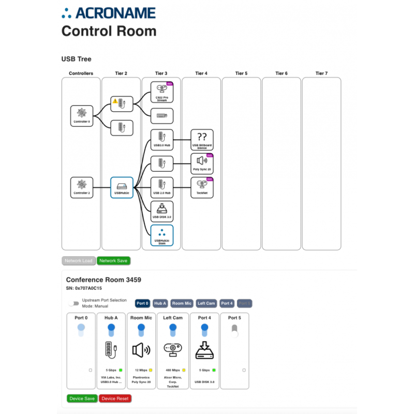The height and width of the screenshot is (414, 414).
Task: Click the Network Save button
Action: [113, 261]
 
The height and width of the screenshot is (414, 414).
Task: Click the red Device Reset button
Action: [115, 398]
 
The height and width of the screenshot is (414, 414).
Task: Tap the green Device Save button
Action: [82, 398]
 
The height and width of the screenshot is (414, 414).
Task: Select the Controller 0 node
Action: [82, 116]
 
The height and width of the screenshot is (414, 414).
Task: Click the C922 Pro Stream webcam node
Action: [161, 92]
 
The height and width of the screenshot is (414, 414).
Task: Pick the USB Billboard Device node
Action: [202, 140]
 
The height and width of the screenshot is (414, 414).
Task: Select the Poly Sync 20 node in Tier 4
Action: [202, 163]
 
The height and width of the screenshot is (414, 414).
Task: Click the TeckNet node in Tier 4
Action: [202, 187]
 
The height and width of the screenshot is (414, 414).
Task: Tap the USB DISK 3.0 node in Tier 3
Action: [161, 211]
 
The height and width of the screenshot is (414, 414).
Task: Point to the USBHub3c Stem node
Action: [161, 235]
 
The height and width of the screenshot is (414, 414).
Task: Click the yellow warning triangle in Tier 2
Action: [115, 101]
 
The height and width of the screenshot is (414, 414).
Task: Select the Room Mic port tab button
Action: [182, 303]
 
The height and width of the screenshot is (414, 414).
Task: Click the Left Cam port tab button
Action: [206, 303]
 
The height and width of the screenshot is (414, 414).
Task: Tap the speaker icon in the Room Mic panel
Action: [141, 350]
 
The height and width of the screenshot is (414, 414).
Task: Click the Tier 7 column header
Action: [321, 73]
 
